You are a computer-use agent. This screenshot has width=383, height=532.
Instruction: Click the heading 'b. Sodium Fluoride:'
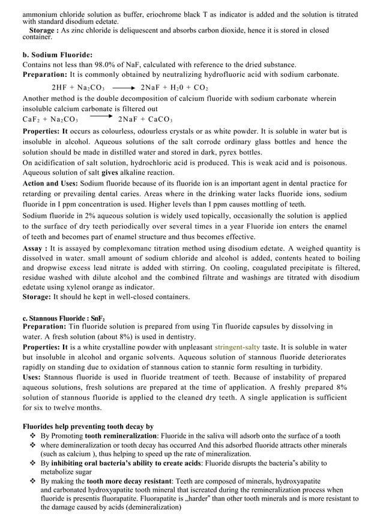(x=58, y=54)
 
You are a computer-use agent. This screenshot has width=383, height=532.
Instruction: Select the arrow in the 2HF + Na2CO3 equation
(x=124, y=88)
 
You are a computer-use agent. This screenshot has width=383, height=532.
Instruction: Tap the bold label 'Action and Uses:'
(x=50, y=183)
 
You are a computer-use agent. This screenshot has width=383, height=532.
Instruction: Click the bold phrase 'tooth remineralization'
(x=120, y=436)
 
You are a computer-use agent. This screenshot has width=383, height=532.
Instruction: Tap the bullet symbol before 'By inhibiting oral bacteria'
(x=33, y=464)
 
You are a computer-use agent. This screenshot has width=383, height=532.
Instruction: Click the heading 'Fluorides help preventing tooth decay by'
(x=88, y=426)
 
